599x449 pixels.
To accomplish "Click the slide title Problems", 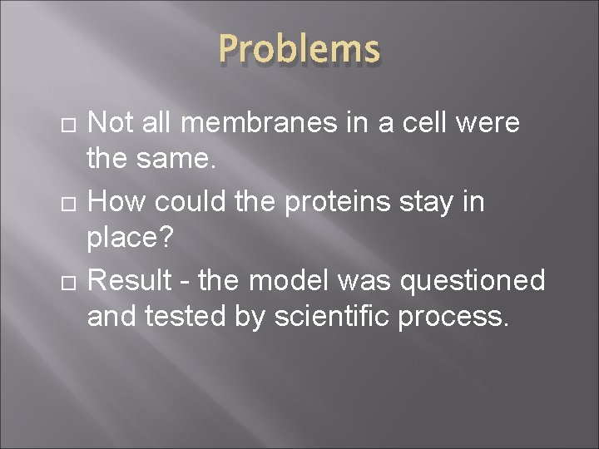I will [299, 49].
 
